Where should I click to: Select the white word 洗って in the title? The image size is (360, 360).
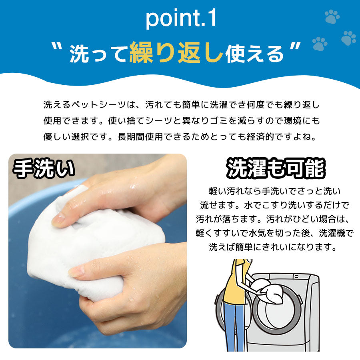(98, 54)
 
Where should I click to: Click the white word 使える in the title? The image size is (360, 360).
(254, 54)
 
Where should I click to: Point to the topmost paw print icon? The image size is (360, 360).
(332, 16)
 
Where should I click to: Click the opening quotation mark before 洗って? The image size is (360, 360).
(58, 47)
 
